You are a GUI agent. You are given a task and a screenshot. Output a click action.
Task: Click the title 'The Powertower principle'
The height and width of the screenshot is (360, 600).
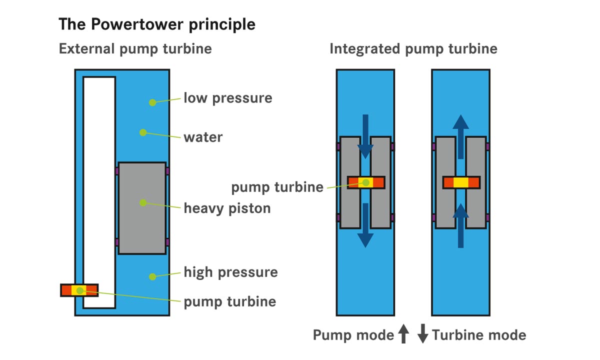click(157, 24)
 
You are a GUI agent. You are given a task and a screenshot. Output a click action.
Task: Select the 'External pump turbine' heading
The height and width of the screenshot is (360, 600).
click(135, 49)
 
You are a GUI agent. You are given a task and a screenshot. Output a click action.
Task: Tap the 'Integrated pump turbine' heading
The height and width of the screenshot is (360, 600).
click(413, 49)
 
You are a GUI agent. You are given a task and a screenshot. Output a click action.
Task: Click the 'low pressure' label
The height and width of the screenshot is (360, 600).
click(227, 97)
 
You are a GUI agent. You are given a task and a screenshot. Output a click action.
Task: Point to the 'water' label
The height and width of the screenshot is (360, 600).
click(203, 136)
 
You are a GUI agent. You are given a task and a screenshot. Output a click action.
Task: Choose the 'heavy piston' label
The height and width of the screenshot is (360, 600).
click(227, 207)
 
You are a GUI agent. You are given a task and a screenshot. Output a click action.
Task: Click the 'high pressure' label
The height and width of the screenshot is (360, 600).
click(230, 272)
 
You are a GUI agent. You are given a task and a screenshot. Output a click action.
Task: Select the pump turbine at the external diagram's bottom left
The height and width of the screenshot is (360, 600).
click(79, 290)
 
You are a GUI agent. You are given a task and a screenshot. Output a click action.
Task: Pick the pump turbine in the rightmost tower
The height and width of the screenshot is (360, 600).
click(461, 182)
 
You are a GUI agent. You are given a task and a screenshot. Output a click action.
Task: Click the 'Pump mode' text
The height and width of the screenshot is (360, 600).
click(353, 335)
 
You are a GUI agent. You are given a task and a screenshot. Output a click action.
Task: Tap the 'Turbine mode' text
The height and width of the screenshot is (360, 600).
click(479, 335)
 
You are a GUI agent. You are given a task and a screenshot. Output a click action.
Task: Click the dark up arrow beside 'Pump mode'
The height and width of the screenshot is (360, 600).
click(403, 334)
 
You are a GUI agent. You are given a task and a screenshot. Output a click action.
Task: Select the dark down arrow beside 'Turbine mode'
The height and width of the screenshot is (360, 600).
click(423, 334)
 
